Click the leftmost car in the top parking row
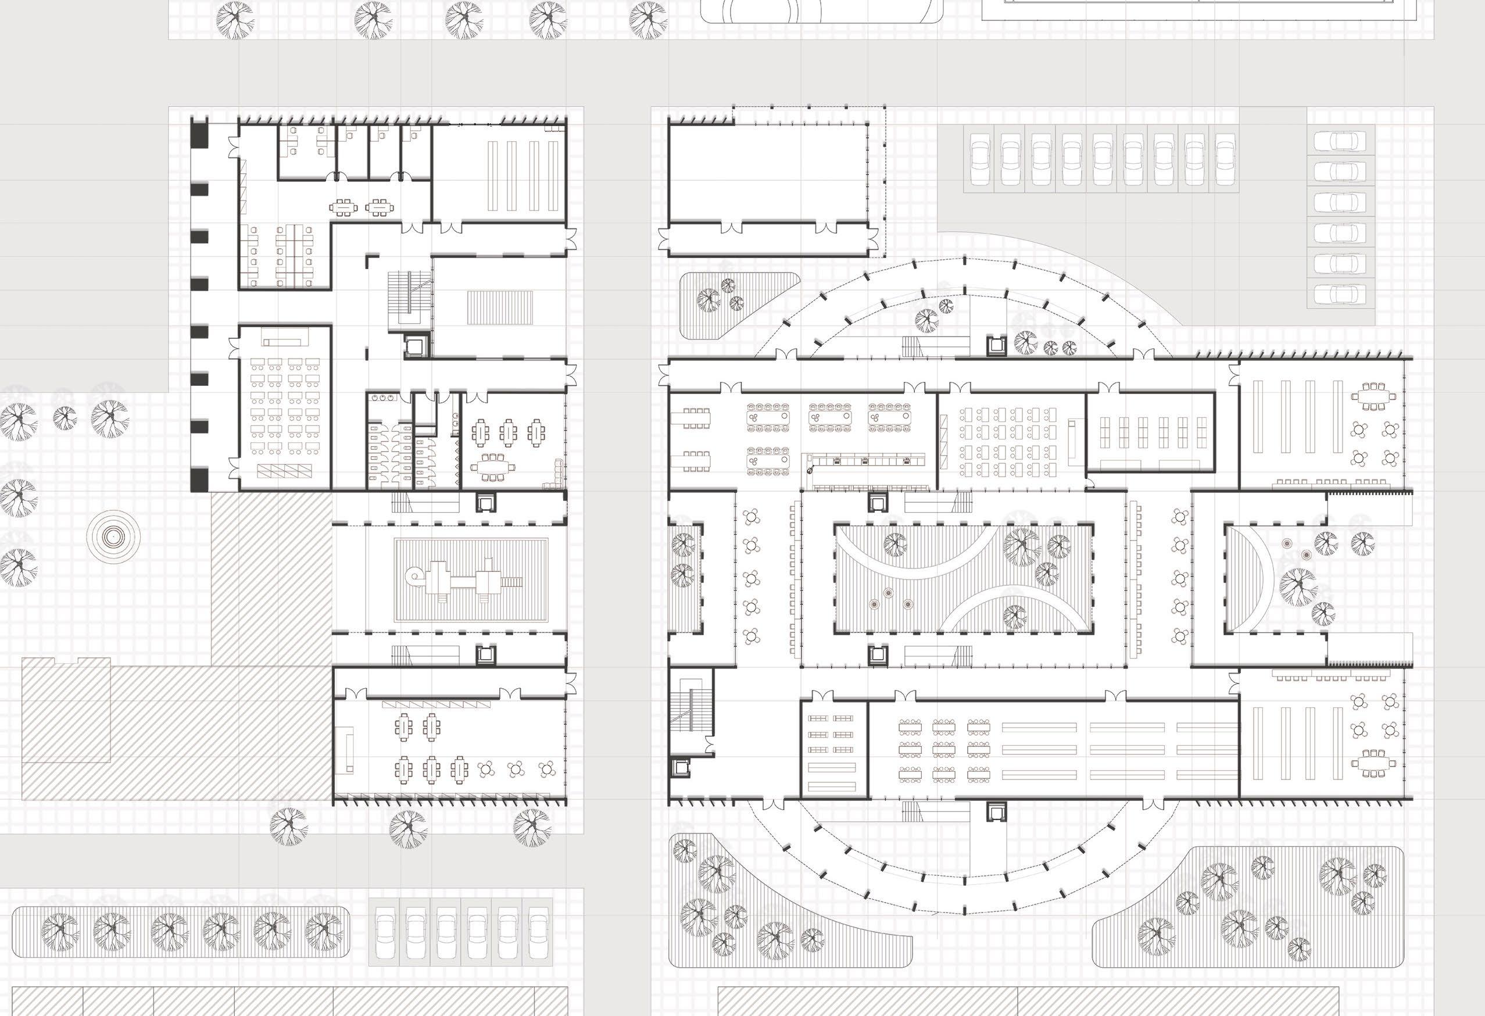pos(979,160)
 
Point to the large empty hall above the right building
pos(767,173)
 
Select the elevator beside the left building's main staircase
pos(411,346)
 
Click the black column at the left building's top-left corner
pos(201,135)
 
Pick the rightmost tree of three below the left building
pos(532,825)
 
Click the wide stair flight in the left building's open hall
pos(500,307)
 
